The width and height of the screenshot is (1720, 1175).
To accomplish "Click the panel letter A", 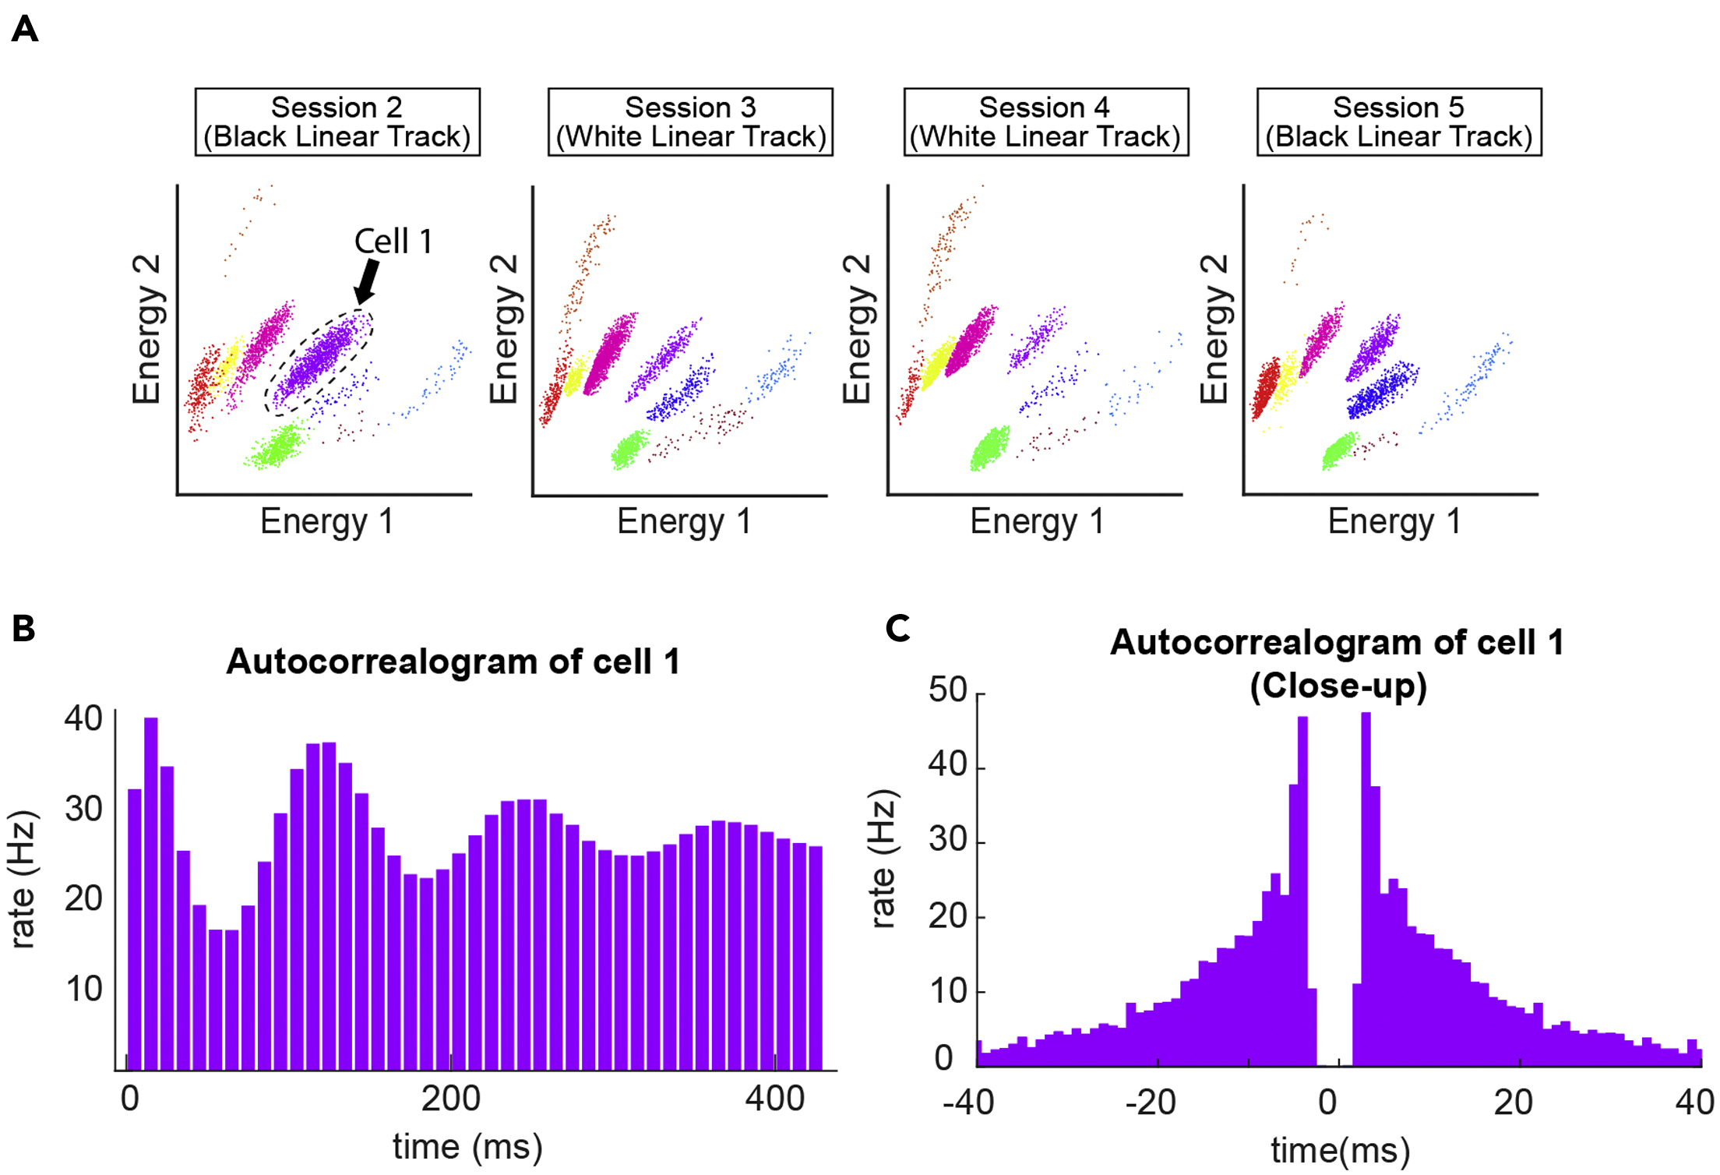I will pyautogui.click(x=25, y=30).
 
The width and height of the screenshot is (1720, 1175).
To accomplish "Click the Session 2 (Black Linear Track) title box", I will pyautogui.click(x=337, y=122).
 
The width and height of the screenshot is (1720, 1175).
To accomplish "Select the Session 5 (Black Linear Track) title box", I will pyautogui.click(x=1398, y=122).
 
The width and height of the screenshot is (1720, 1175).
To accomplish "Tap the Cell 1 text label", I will pyautogui.click(x=393, y=242).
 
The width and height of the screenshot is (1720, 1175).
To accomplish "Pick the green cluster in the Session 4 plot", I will pyautogui.click(x=989, y=449).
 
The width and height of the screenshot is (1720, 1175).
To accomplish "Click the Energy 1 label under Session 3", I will pyautogui.click(x=683, y=521).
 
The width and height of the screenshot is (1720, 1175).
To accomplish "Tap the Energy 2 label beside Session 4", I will pyautogui.click(x=857, y=328).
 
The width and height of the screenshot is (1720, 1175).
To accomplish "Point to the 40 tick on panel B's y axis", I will pyautogui.click(x=83, y=718).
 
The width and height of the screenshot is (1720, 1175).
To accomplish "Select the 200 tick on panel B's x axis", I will pyautogui.click(x=450, y=1099).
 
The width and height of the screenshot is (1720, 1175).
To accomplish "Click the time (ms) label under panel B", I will pyautogui.click(x=467, y=1147).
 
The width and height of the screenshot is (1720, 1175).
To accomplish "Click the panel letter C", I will pyautogui.click(x=897, y=627).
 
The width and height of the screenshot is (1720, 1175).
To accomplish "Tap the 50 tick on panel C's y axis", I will pyautogui.click(x=947, y=690).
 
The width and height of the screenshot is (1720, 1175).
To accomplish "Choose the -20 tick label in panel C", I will pyautogui.click(x=1150, y=1102).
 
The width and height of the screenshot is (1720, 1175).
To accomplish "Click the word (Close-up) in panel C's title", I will pyautogui.click(x=1338, y=686).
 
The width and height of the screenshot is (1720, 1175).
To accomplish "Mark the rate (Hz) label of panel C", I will pyautogui.click(x=883, y=859).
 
